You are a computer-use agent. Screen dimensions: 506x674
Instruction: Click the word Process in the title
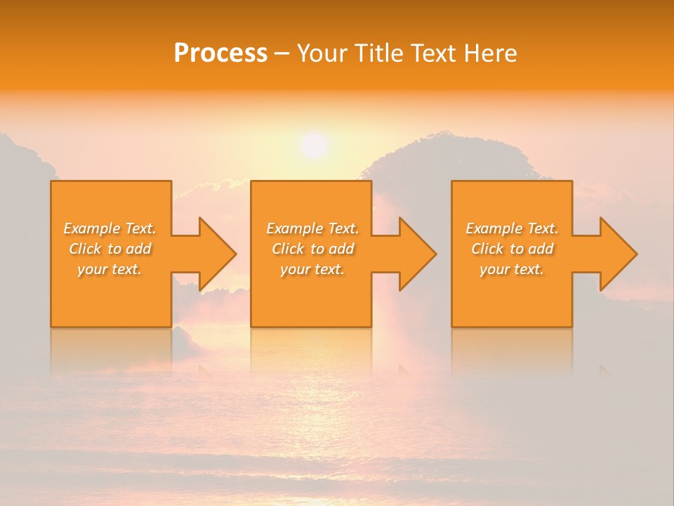tap(220, 53)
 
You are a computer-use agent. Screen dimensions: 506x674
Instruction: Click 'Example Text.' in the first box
tap(110, 228)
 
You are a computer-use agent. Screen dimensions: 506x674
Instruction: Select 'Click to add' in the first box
tap(110, 249)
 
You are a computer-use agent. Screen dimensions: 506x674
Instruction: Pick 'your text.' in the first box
tap(110, 269)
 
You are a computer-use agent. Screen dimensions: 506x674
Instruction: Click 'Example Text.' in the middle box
tap(312, 228)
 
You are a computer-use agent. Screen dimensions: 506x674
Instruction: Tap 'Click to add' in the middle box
tap(312, 249)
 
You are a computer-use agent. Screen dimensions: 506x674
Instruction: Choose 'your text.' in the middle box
tap(312, 269)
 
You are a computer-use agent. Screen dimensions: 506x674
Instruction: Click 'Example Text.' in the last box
tap(512, 228)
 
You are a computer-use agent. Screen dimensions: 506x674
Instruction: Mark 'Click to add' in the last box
tap(512, 249)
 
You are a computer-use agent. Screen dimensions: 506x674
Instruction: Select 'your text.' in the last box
tap(512, 269)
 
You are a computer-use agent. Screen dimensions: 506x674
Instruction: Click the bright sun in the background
tap(314, 145)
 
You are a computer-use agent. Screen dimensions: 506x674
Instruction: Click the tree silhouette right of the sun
tap(449, 158)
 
